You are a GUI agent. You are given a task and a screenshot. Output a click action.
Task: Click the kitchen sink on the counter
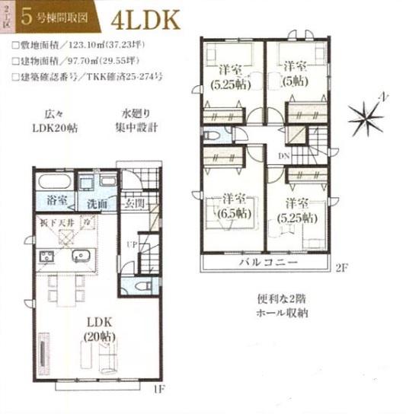pyautogui.click(x=81, y=255)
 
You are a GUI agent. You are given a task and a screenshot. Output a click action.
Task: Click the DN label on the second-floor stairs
pyautogui.click(x=283, y=156)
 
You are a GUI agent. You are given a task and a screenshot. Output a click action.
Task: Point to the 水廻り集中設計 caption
pyautogui.click(x=136, y=122)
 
